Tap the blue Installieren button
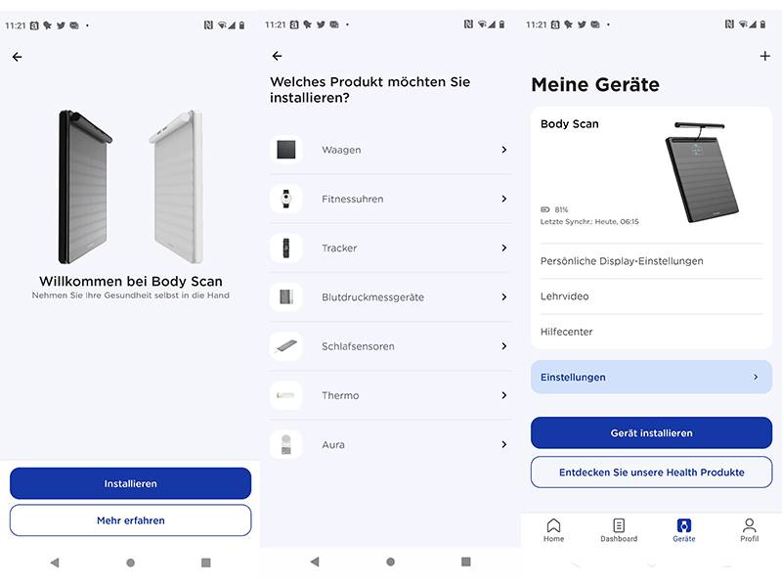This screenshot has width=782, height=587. click(x=130, y=483)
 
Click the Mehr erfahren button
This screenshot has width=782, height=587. click(x=130, y=520)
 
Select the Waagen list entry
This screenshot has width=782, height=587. click(x=390, y=150)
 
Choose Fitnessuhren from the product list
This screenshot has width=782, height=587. click(x=390, y=199)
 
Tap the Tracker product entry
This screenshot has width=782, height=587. click(x=390, y=248)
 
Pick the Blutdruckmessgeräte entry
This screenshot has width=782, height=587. click(x=390, y=296)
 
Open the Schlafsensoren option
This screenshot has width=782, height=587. click(x=390, y=346)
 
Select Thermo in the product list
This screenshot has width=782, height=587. click(x=390, y=395)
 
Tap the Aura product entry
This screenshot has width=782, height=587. click(x=390, y=444)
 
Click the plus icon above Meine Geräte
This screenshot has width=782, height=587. click(x=764, y=57)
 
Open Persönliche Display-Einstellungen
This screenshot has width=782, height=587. click(x=651, y=261)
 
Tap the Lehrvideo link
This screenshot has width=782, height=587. click(x=651, y=296)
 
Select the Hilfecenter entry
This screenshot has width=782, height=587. click(x=651, y=332)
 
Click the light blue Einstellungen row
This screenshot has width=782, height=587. click(x=651, y=377)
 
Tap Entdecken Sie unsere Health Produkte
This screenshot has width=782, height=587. click(x=651, y=472)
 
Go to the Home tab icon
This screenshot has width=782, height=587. click(x=554, y=529)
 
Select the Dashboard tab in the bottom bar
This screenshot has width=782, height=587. click(x=619, y=529)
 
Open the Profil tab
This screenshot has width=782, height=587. click(x=749, y=529)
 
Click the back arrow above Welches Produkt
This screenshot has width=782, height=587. click(x=277, y=57)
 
